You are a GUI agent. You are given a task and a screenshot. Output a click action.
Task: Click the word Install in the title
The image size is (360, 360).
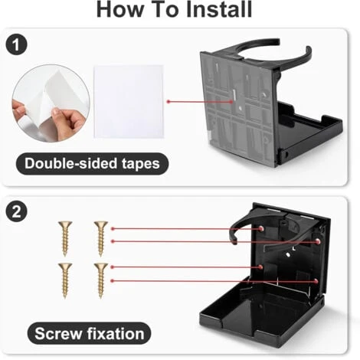(x=219, y=9)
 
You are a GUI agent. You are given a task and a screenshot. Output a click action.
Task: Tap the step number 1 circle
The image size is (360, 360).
(x=16, y=44)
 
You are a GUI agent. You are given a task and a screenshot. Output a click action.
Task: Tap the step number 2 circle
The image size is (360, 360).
(x=16, y=211)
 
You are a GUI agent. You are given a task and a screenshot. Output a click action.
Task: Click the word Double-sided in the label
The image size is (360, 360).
(x=71, y=163)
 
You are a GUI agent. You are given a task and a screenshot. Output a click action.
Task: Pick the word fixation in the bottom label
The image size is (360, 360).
(x=116, y=333)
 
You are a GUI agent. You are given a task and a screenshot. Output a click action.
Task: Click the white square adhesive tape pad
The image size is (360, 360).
(x=129, y=102)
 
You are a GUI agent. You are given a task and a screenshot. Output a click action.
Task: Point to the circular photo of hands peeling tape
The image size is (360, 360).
(x=51, y=103)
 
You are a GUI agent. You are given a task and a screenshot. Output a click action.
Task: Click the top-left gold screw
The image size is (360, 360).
(x=65, y=238)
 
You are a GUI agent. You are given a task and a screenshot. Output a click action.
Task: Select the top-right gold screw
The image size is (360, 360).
(x=101, y=238)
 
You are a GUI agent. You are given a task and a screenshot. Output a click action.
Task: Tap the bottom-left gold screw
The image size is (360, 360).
(x=65, y=280)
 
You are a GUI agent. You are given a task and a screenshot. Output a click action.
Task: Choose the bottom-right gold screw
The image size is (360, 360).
(x=101, y=280)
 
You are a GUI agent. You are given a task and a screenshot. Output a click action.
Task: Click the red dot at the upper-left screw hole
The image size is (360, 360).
(x=260, y=228)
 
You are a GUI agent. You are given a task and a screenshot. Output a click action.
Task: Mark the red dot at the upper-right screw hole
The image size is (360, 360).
(x=318, y=241)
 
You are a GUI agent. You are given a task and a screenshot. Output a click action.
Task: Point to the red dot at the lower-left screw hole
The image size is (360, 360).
(x=260, y=267)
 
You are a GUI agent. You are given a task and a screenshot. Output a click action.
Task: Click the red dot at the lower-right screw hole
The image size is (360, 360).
(x=316, y=281)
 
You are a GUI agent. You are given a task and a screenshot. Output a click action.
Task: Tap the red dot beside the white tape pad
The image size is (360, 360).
(x=169, y=102)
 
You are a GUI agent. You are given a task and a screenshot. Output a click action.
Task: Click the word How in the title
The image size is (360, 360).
(x=120, y=9)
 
